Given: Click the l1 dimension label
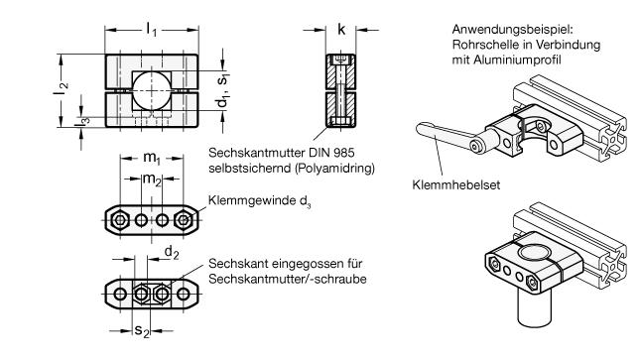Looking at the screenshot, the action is click(152, 30).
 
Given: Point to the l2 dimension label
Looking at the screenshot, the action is click(61, 88).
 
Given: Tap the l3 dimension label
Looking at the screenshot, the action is click(83, 122).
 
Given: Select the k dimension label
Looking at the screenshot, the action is click(341, 30).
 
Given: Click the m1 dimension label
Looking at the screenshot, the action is click(152, 158).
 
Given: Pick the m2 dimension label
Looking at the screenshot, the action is click(152, 180).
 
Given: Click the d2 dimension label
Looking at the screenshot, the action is click(172, 253).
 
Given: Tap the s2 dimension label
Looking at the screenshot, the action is click(142, 331).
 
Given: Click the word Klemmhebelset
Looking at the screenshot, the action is click(455, 184).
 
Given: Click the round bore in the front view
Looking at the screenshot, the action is click(151, 90).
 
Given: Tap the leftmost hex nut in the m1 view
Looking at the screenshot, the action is click(120, 220).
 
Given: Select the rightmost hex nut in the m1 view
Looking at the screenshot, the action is click(183, 220).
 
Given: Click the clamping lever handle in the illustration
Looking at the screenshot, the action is click(445, 135).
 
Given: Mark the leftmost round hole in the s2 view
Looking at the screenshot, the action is click(120, 294).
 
